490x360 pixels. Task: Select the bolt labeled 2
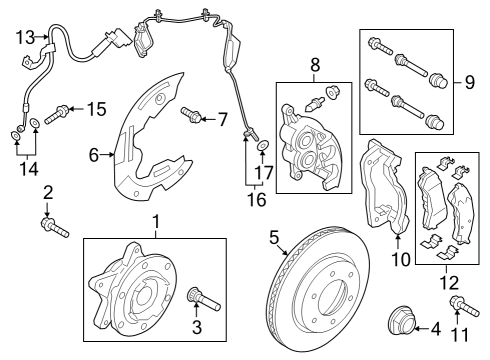(x=51, y=226)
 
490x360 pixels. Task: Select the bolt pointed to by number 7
(x=193, y=119)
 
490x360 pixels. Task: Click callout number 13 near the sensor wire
(x=25, y=38)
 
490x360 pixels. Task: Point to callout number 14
(x=29, y=168)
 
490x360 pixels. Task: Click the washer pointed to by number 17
(x=262, y=146)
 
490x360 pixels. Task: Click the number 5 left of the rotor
(x=272, y=238)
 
